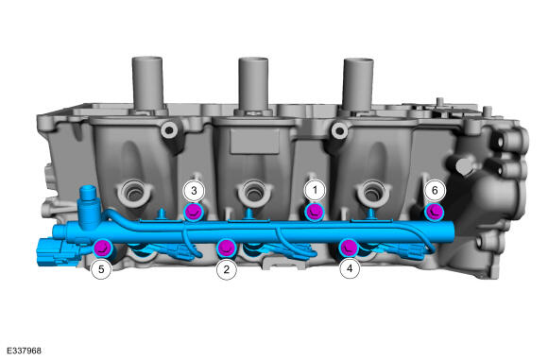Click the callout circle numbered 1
315,191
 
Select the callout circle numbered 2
227,269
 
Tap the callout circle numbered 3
194,191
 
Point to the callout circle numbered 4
350,268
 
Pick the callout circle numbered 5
101,269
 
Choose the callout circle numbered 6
435,191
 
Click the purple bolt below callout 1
315,212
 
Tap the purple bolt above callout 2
227,248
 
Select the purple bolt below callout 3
194,212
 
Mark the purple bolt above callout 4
349,248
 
